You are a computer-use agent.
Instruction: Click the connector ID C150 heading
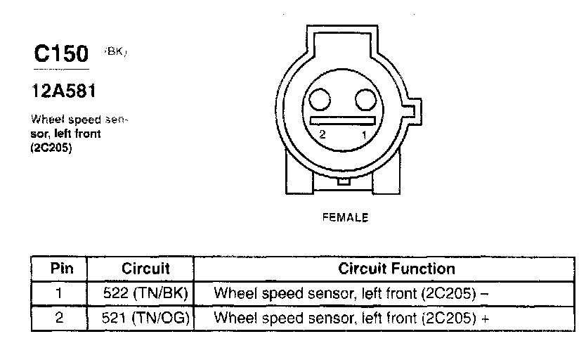(62, 54)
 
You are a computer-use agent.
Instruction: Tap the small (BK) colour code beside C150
(116, 51)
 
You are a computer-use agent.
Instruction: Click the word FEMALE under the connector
(345, 218)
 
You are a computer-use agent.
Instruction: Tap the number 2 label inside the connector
(322, 134)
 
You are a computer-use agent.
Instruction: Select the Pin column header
(58, 269)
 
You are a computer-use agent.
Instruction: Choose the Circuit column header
(145, 269)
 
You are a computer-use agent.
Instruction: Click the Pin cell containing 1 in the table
(59, 292)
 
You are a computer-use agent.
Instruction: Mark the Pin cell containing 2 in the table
(59, 318)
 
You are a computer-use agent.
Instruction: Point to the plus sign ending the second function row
(485, 318)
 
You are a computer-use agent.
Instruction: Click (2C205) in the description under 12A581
(53, 148)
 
